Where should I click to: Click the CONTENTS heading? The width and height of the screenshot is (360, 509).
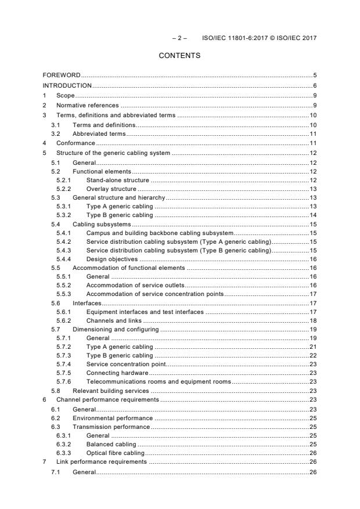[179, 56]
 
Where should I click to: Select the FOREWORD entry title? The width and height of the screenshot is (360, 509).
[62, 75]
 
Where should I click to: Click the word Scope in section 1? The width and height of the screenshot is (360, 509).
[66, 96]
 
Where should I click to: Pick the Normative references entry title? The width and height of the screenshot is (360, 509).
[87, 106]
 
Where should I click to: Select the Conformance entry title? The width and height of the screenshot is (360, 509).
[75, 143]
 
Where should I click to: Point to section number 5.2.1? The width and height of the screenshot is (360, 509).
[64, 181]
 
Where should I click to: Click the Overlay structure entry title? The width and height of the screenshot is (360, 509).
[111, 189]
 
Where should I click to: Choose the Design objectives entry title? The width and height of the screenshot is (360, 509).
[112, 259]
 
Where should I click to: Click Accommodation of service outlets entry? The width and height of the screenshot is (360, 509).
[135, 286]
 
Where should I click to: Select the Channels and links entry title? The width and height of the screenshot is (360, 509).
[114, 320]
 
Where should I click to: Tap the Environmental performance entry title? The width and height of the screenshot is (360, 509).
[113, 418]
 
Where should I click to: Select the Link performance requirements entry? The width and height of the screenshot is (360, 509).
[101, 462]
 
